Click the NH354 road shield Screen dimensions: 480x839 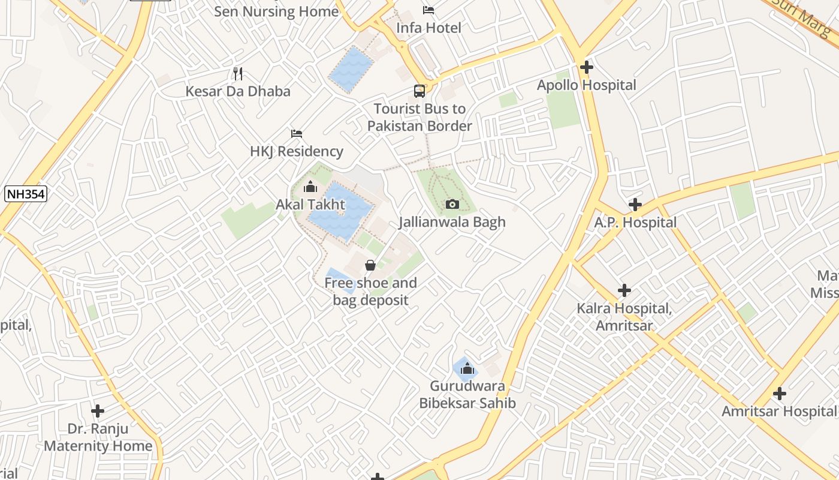tap(26, 194)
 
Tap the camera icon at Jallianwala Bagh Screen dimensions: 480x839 tap(452, 205)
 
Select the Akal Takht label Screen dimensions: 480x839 tap(310, 205)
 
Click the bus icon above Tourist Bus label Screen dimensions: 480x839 tap(419, 91)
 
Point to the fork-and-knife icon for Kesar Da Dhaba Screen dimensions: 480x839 tap(239, 74)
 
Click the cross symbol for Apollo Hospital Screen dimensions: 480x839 tap(586, 67)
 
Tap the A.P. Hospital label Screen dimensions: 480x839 tap(635, 223)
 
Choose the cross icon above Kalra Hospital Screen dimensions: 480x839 tap(624, 290)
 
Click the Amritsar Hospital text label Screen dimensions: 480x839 tap(779, 412)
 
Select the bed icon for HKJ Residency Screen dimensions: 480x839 tap(297, 133)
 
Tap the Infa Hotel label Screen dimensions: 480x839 tap(429, 28)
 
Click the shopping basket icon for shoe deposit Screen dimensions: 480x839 tap(370, 265)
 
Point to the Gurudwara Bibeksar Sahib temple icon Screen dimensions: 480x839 tap(467, 368)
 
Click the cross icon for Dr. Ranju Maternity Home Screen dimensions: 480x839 tap(98, 411)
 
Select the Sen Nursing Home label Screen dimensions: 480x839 tap(276, 11)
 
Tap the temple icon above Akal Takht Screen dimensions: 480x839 tap(310, 187)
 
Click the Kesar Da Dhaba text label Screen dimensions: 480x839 tap(238, 91)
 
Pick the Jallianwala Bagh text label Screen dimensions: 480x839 tap(452, 222)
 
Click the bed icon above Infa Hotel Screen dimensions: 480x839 tap(428, 10)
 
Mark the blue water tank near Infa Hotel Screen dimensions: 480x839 tap(352, 69)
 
